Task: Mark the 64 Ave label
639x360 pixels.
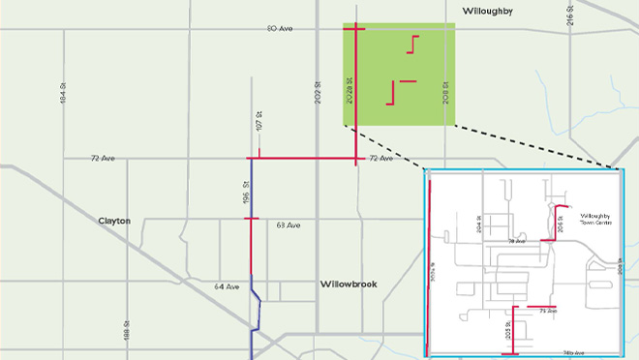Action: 227,285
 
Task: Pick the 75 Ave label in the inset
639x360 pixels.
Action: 548,312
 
